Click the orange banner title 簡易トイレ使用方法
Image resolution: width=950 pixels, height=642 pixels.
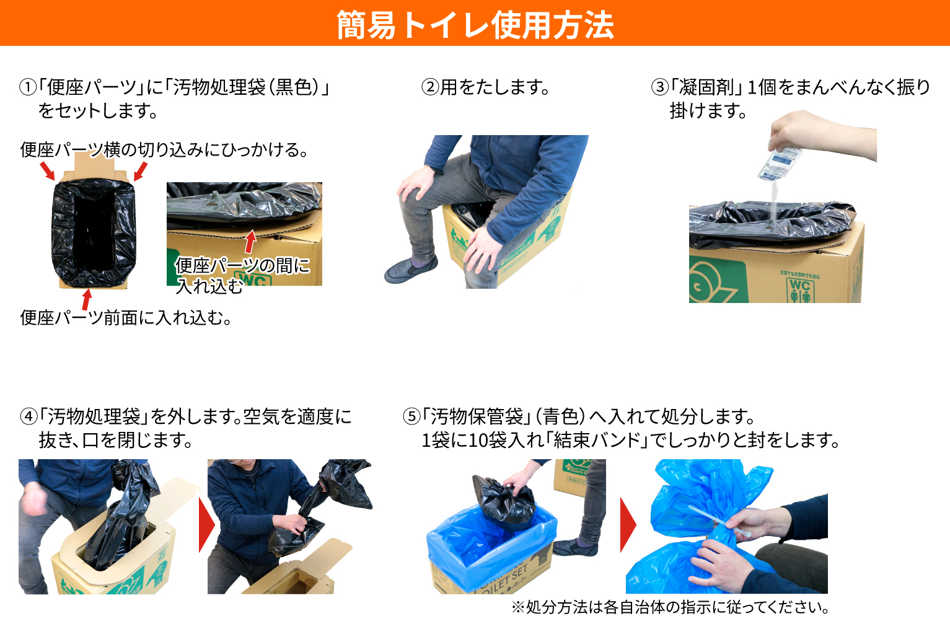(x=475, y=25)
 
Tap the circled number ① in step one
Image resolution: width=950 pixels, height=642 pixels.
(x=28, y=87)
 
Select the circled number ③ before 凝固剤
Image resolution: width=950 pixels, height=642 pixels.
(x=660, y=87)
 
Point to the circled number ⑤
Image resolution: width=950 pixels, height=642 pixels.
(x=411, y=416)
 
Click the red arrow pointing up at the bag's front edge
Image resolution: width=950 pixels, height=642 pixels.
(x=87, y=299)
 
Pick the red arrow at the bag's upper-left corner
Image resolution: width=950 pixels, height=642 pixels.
(x=47, y=170)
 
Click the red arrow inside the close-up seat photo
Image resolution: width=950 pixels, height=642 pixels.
(x=250, y=242)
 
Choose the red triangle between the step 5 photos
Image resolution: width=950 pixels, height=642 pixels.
(x=628, y=525)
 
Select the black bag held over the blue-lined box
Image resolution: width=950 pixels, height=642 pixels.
(x=503, y=501)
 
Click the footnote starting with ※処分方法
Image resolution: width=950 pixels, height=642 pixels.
(x=670, y=607)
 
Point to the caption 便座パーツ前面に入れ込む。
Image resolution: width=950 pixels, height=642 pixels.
(x=126, y=318)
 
